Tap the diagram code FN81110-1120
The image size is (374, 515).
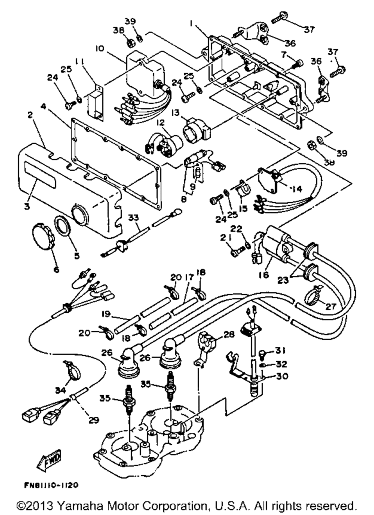point(51,485)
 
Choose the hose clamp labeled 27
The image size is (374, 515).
point(313,296)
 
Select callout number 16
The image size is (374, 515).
point(264,275)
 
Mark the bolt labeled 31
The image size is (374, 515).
point(263,353)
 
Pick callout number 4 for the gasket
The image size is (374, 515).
point(43,107)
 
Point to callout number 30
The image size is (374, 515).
point(282,376)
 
